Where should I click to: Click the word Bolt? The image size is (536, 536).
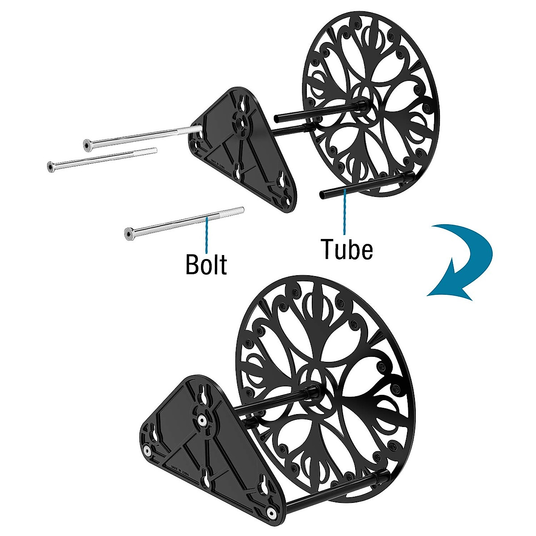[x=206, y=264]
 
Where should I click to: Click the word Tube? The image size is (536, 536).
[x=347, y=249]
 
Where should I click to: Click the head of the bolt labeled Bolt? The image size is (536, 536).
[x=129, y=233]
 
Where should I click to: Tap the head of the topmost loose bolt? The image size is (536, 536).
[x=87, y=144]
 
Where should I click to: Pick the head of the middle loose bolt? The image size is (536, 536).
[x=51, y=167]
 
